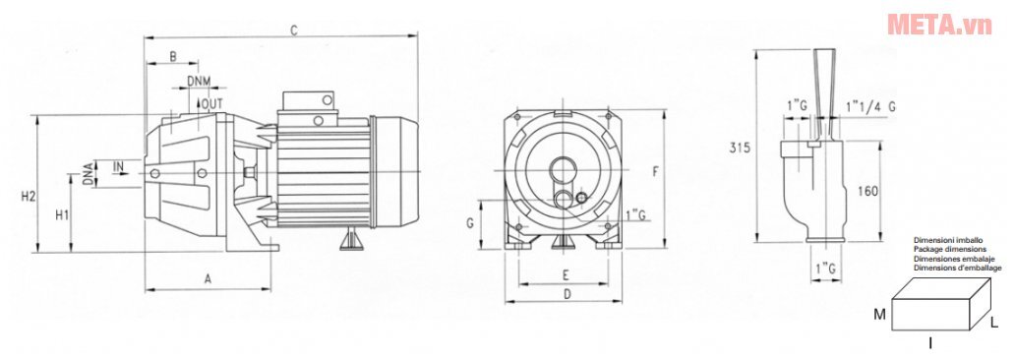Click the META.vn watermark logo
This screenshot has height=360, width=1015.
coord(939,24)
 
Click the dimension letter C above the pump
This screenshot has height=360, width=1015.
coord(293,30)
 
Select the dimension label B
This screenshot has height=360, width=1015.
coord(173,56)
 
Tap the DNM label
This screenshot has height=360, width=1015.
coord(199,81)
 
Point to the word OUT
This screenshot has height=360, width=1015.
coord(213,103)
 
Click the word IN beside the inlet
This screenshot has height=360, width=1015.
coord(119,167)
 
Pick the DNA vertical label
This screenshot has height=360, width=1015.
coord(88,174)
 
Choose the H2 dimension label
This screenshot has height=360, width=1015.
coord(28,196)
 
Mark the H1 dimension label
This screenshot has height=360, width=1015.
coord(62,214)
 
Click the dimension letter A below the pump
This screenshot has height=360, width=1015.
coord(208,279)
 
